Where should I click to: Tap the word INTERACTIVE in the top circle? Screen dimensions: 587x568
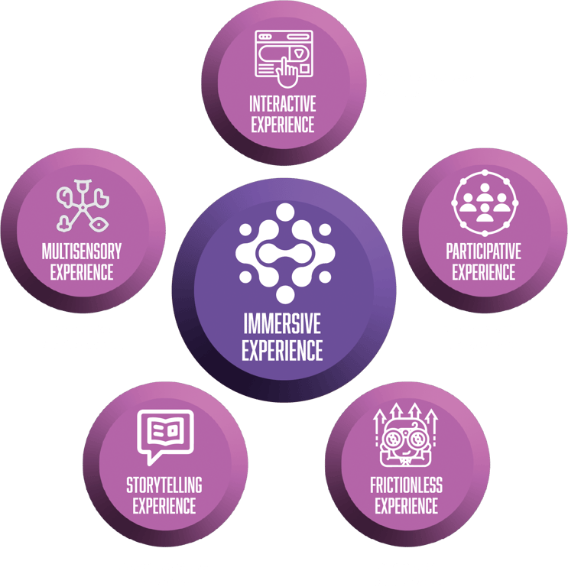(282, 103)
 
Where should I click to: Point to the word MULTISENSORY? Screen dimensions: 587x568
(82, 251)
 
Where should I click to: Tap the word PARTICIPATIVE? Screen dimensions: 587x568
(483, 251)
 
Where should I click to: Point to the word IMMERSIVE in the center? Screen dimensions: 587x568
(282, 322)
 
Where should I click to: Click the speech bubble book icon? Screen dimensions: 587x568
(164, 436)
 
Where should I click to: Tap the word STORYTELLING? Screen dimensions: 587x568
(164, 485)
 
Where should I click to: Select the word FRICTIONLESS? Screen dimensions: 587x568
(407, 485)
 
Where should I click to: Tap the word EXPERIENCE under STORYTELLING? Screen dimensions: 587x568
(164, 505)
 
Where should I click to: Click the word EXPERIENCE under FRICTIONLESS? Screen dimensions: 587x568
(407, 505)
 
